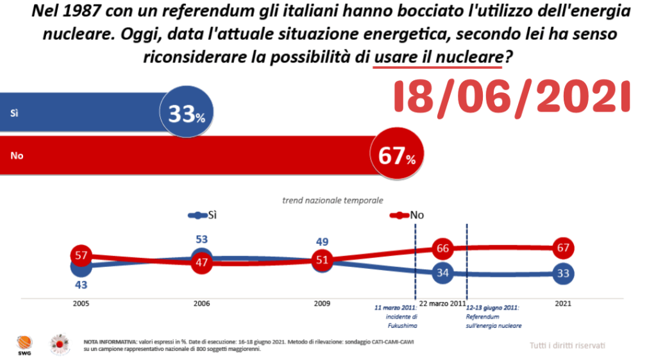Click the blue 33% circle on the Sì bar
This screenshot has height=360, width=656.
click(187, 114)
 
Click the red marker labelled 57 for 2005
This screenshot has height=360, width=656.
click(81, 255)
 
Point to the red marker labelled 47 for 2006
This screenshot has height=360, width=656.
click(201, 262)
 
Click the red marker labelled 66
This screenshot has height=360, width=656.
click(442, 248)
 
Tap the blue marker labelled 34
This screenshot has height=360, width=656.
click(442, 273)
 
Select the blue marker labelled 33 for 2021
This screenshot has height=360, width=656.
click(564, 273)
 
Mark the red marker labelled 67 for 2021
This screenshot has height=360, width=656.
click(564, 248)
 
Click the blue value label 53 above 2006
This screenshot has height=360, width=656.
click(201, 239)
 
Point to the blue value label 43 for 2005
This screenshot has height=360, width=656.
click(81, 284)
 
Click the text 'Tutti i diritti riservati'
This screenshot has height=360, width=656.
click(567, 346)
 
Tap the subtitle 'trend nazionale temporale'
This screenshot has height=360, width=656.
click(333, 200)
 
